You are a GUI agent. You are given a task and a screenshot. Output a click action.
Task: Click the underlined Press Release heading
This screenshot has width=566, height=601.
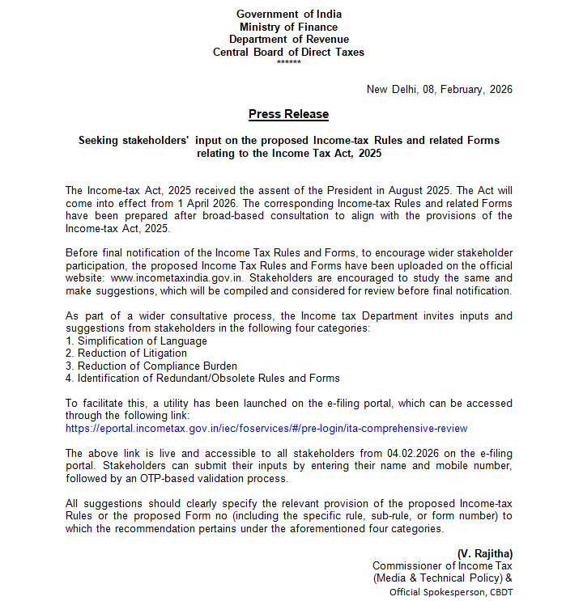[288, 114]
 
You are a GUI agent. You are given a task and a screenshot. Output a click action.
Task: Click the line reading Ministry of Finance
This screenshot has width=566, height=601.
[288, 27]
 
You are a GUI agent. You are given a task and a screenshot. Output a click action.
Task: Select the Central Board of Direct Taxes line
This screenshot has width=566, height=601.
[288, 52]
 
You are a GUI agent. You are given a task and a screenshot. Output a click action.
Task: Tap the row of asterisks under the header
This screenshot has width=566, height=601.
[288, 62]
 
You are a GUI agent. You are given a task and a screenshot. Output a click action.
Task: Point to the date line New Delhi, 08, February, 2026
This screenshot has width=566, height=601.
[439, 90]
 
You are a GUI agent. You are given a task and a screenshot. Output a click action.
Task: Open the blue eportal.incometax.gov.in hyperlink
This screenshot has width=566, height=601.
[266, 428]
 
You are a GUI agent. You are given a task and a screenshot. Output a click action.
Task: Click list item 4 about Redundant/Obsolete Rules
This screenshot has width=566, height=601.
[202, 378]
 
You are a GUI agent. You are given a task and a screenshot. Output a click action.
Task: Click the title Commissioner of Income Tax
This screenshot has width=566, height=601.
[442, 565]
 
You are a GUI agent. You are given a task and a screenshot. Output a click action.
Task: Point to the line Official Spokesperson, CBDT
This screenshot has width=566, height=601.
[451, 591]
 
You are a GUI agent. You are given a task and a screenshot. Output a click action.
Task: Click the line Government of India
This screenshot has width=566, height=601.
[288, 14]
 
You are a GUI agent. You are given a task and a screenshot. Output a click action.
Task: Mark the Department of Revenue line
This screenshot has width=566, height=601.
[288, 40]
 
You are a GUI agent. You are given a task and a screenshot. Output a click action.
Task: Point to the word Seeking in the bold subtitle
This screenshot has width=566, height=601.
[100, 140]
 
